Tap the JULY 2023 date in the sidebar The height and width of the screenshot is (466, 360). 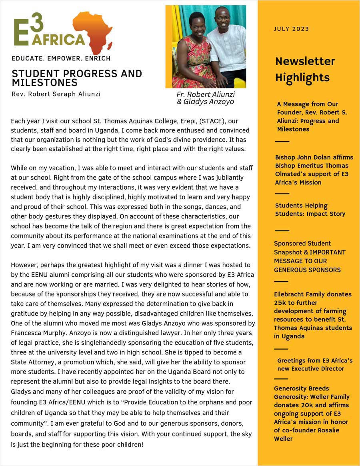[x=291, y=29]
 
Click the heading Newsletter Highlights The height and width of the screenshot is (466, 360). [x=305, y=69]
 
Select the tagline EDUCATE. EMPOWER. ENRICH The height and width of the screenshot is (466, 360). [x=61, y=58]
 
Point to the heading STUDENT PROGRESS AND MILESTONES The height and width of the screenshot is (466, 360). [x=77, y=78]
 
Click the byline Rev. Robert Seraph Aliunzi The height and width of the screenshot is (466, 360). [x=56, y=94]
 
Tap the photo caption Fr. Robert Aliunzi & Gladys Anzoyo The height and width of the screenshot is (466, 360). [x=206, y=98]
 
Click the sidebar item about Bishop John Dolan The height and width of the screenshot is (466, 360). [x=314, y=170]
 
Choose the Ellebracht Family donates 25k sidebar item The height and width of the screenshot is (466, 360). [x=313, y=315]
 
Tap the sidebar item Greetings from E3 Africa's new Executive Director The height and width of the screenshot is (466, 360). [x=314, y=364]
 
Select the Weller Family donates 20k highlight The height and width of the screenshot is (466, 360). [x=312, y=413]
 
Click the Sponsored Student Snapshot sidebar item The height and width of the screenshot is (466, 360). [x=309, y=256]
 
